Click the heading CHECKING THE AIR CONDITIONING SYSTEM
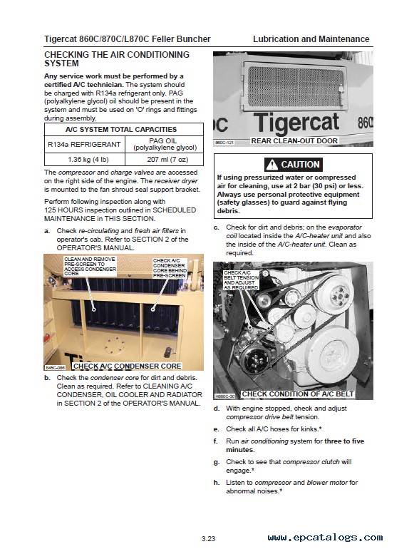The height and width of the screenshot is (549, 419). (x=117, y=58)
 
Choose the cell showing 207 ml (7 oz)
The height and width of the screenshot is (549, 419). (x=165, y=160)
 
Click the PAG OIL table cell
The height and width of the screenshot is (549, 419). (x=165, y=144)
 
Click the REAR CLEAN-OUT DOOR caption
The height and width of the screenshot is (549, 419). (x=294, y=141)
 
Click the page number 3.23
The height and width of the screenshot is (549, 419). (x=209, y=537)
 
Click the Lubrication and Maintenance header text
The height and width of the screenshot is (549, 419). (x=311, y=39)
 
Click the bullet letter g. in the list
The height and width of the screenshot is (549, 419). (x=217, y=462)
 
